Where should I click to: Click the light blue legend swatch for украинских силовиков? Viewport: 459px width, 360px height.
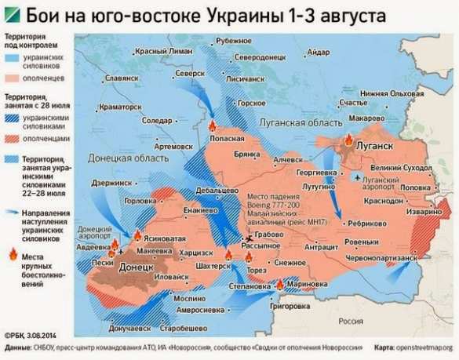[x=12, y=58]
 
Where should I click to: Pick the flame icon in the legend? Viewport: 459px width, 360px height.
[x=12, y=253]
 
